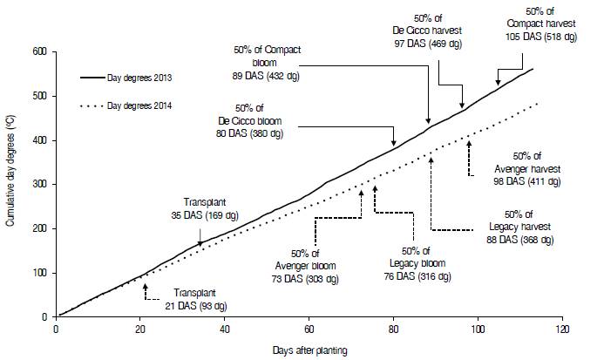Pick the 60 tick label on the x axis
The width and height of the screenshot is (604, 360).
pyautogui.click(x=309, y=330)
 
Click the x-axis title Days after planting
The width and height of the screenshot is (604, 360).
pyautogui.click(x=310, y=350)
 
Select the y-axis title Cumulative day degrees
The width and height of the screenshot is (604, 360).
pyautogui.click(x=11, y=183)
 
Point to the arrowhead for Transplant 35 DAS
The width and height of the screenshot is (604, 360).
pyautogui.click(x=200, y=245)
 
